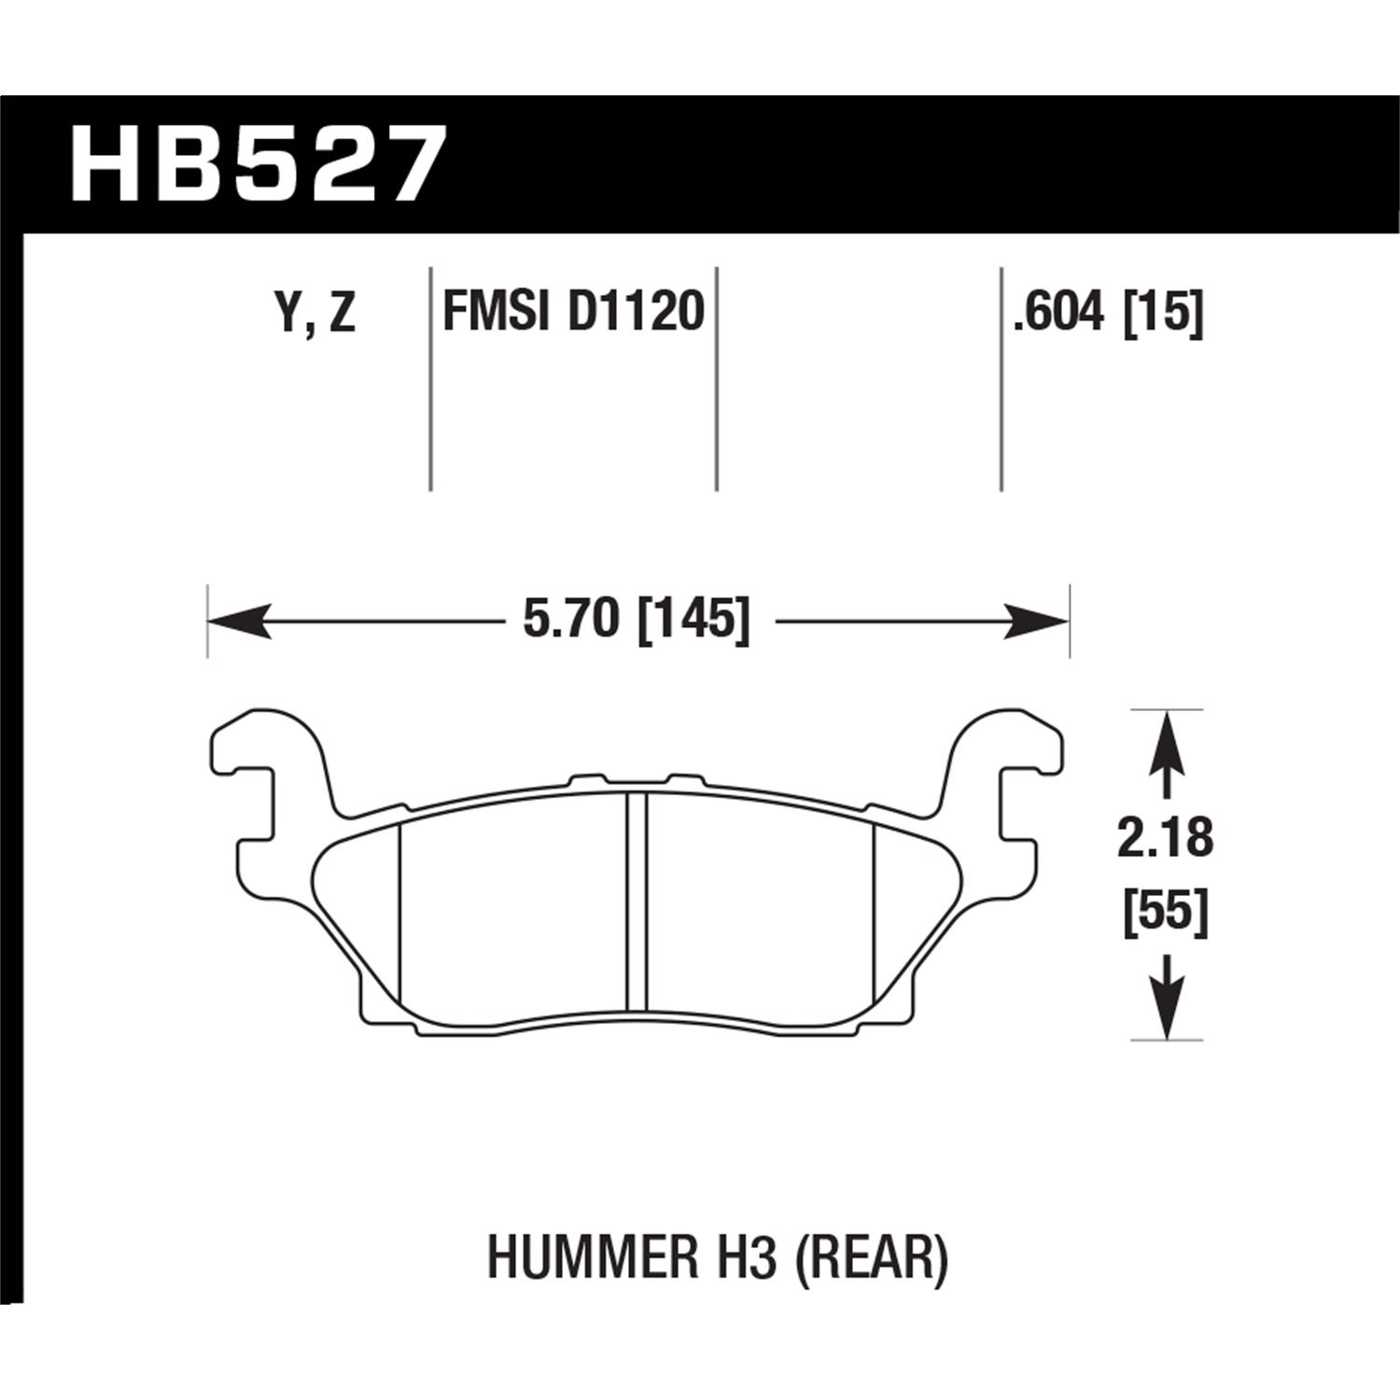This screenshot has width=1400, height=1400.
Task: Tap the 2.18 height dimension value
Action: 1166,839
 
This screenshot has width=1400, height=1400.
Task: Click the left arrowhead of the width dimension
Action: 238,621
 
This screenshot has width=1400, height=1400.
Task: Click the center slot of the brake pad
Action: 637,901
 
